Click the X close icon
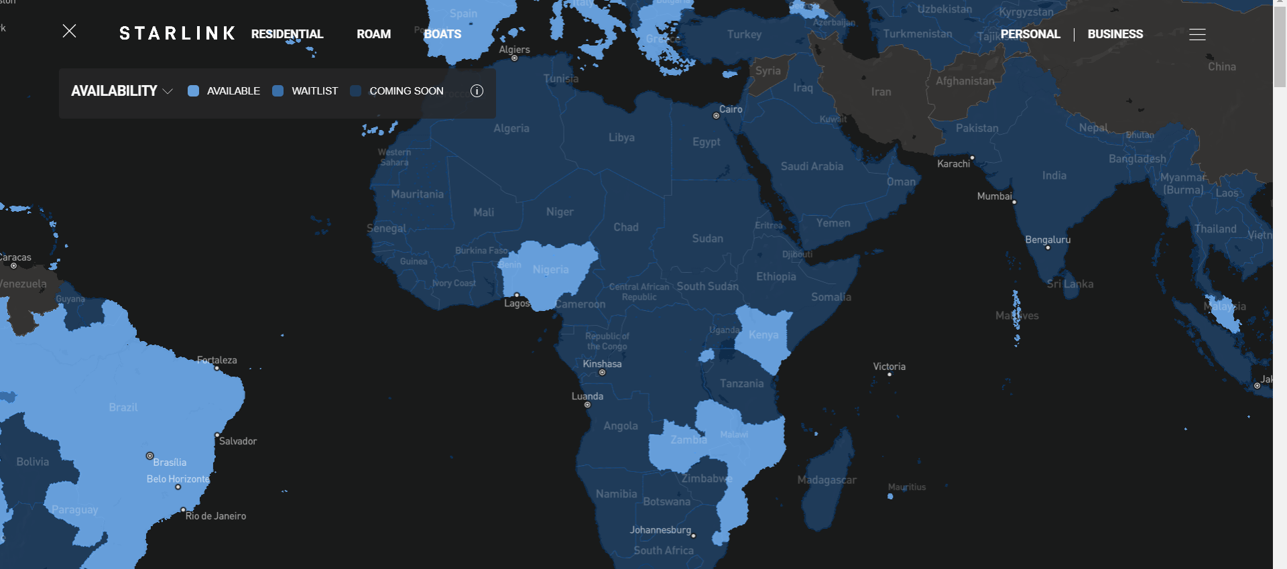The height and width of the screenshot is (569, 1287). pos(69,31)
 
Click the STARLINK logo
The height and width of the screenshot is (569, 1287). pos(177,34)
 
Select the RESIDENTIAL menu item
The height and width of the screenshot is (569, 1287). pos(287,34)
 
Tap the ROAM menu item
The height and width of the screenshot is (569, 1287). pos(373,34)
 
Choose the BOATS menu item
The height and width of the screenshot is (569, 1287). pos(442,34)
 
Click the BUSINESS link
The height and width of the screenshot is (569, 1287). pos(1115,34)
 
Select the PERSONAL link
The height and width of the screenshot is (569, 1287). pos(1030,34)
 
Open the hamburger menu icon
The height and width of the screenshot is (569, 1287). pos(1197,34)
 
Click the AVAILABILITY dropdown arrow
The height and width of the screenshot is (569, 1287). pos(168,91)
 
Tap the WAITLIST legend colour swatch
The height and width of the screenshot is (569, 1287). pos(278,91)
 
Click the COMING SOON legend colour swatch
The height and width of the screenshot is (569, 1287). pos(356,91)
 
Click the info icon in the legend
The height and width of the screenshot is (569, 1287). pos(477,91)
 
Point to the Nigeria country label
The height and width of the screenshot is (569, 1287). pos(550,269)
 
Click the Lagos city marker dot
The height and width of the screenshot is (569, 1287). pos(517,295)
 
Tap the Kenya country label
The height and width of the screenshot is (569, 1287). pos(763,334)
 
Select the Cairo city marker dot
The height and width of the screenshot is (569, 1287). pos(716,116)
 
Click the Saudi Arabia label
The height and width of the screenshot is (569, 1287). pos(812,166)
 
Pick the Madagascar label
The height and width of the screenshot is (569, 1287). pos(826,480)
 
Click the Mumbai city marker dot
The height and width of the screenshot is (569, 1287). pos(1014,202)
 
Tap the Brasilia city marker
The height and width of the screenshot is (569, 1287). pos(150,456)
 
